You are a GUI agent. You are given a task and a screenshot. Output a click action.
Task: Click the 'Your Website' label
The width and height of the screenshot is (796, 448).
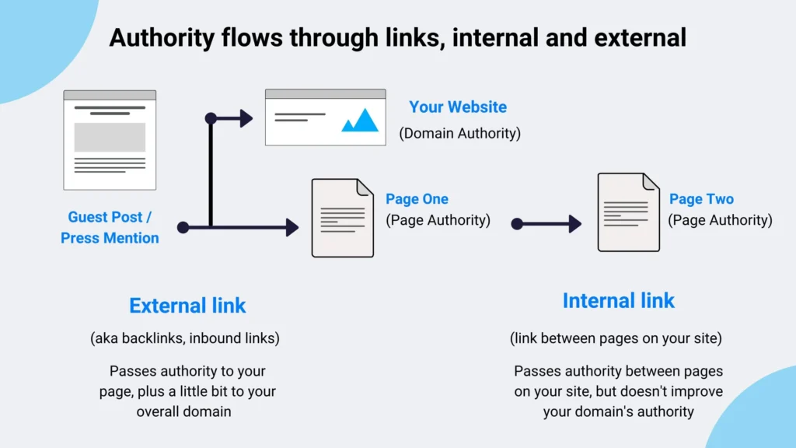tap(458, 107)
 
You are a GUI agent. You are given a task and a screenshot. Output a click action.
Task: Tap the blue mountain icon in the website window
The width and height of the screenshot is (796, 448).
tap(360, 120)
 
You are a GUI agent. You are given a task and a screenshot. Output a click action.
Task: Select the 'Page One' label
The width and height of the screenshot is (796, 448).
tap(417, 199)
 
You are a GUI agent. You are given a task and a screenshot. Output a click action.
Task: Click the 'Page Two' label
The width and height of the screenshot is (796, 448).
tap(701, 199)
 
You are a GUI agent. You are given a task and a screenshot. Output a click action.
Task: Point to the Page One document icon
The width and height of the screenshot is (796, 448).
tap(342, 218)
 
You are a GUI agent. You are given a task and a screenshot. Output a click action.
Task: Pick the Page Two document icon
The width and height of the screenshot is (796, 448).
tap(628, 212)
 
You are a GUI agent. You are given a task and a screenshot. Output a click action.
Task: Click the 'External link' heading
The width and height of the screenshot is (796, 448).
tap(187, 306)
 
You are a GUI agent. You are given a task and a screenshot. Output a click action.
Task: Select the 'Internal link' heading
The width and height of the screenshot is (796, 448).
tap(619, 301)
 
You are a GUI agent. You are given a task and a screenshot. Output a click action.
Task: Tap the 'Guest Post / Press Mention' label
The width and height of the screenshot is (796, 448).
tap(110, 228)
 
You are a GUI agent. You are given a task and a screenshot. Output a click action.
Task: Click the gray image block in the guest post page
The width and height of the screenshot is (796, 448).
tap(110, 137)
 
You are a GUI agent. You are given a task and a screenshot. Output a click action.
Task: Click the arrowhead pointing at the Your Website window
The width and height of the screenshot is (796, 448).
tap(246, 118)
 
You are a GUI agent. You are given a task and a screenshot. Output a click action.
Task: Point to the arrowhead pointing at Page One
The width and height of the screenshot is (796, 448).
tap(292, 228)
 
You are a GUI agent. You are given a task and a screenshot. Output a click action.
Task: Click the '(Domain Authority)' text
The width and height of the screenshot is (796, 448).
tap(460, 134)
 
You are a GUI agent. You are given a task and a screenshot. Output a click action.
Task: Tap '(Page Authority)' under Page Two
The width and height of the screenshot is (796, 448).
tap(721, 220)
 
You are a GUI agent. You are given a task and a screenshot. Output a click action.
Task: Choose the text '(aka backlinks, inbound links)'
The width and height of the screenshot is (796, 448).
tap(185, 338)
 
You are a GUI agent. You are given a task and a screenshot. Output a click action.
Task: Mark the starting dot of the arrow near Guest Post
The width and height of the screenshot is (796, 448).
tap(183, 228)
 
